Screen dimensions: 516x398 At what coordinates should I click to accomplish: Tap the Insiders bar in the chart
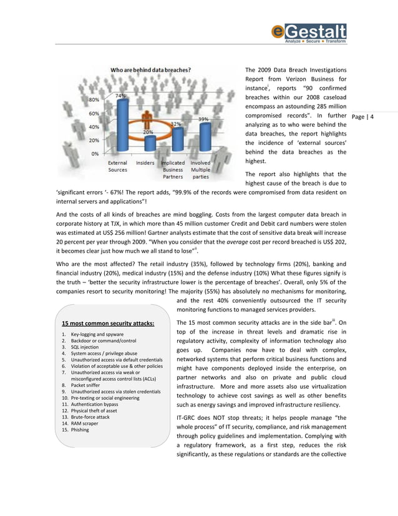tap(149, 143)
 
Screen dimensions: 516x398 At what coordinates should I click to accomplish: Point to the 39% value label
tap(203, 119)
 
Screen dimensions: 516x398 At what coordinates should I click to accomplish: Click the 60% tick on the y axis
tap(92, 114)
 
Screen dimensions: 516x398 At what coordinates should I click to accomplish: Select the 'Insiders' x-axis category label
tap(145, 163)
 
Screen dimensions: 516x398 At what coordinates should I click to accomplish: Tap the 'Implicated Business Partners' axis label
tap(173, 169)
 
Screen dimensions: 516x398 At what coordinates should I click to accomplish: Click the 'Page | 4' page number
tap(362, 117)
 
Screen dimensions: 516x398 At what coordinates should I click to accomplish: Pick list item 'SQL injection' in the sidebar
tap(85, 347)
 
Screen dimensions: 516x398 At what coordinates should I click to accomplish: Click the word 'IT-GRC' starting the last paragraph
tap(188, 417)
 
